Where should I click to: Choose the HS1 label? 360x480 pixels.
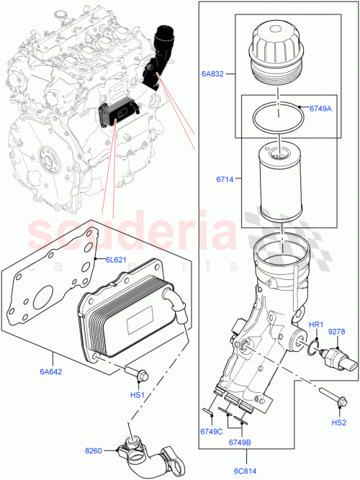[137, 396]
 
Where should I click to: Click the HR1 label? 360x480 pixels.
[316, 326]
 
